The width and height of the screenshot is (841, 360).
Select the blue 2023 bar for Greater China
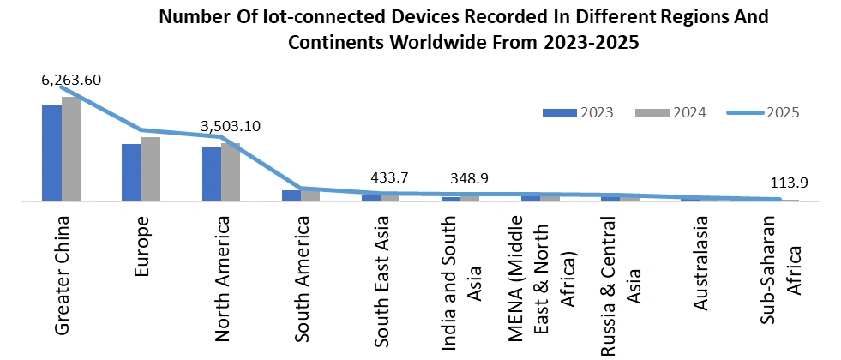(51, 153)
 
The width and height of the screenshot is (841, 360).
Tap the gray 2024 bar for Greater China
(70, 149)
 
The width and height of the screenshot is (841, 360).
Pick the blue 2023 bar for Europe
(131, 172)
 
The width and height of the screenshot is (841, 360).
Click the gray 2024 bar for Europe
(150, 169)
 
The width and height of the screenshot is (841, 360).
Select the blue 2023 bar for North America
(211, 174)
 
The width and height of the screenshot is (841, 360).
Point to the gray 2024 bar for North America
(230, 171)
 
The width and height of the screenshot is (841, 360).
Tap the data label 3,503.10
(231, 126)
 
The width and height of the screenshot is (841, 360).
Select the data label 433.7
(389, 177)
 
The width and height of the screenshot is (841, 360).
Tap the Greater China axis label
(62, 274)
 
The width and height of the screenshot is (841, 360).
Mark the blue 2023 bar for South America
(291, 195)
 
